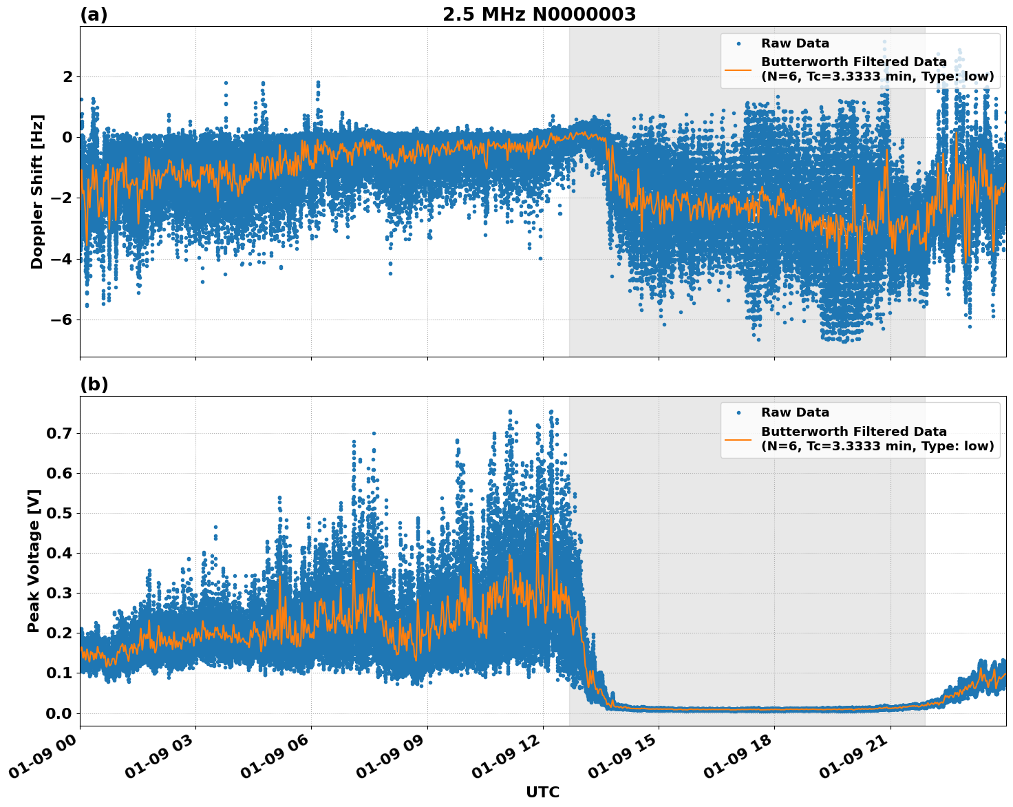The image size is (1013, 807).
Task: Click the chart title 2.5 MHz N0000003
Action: click(x=539, y=14)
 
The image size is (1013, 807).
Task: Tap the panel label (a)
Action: click(x=94, y=14)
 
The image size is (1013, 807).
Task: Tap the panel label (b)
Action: click(x=94, y=384)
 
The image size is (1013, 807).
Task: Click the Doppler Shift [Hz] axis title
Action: click(x=37, y=191)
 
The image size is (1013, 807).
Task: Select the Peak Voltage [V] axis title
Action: click(x=34, y=560)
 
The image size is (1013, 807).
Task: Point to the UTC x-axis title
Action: click(x=542, y=792)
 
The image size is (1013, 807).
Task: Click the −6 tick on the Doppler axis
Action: click(x=60, y=320)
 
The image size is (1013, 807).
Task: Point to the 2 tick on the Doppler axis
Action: click(x=67, y=76)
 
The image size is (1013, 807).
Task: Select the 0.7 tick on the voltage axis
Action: click(x=59, y=434)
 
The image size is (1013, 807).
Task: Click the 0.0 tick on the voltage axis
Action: click(x=59, y=713)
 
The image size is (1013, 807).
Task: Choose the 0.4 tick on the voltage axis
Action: click(x=59, y=554)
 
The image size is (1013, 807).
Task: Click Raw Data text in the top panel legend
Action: click(x=795, y=43)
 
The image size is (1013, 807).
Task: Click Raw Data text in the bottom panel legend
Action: click(x=795, y=412)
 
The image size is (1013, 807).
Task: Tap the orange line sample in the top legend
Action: click(x=738, y=70)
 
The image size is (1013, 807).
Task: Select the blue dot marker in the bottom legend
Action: click(x=738, y=413)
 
